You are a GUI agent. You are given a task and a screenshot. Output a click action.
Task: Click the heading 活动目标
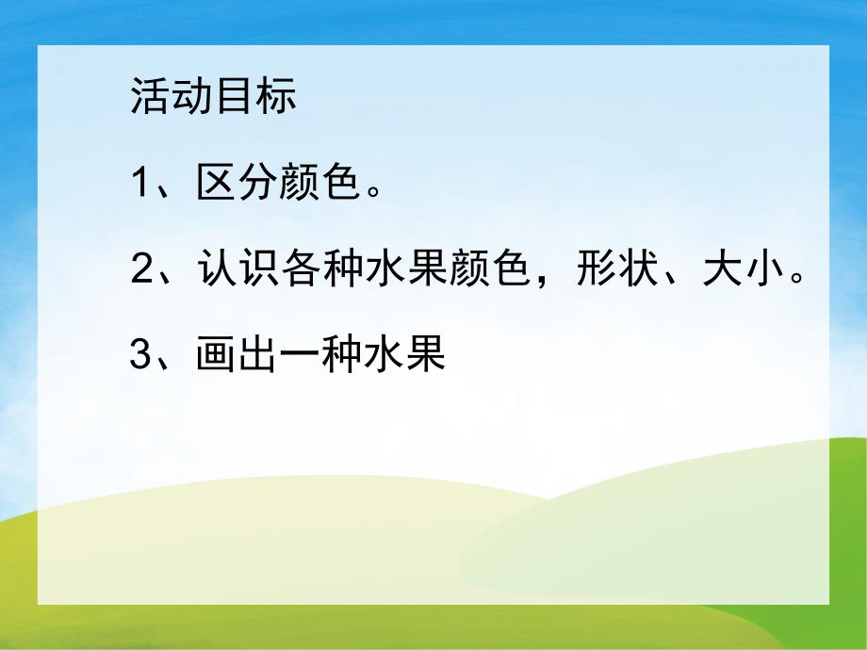[214, 98]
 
